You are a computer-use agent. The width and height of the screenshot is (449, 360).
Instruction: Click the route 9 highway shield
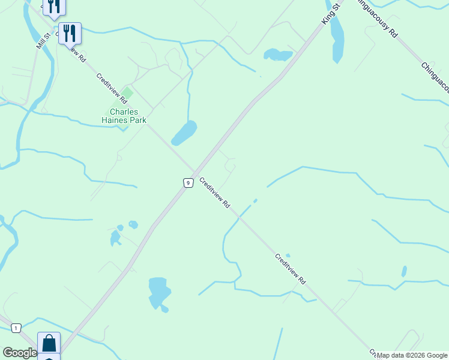(x=188, y=182)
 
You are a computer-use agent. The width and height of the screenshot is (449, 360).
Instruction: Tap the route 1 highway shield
(x=16, y=328)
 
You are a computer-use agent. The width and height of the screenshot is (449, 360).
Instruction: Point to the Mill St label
(x=41, y=41)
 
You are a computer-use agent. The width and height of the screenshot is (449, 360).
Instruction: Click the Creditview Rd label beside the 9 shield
(x=215, y=192)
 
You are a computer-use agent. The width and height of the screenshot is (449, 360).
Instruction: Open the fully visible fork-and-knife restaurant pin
(x=70, y=34)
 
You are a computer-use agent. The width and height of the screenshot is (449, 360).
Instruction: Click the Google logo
(x=20, y=353)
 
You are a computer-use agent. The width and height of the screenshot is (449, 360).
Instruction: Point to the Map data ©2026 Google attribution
(x=412, y=355)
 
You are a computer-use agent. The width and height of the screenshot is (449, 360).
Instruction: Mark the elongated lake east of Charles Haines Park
(x=184, y=133)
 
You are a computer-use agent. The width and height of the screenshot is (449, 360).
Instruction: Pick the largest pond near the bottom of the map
(x=159, y=292)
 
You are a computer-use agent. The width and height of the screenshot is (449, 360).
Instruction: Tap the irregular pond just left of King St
(x=277, y=55)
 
